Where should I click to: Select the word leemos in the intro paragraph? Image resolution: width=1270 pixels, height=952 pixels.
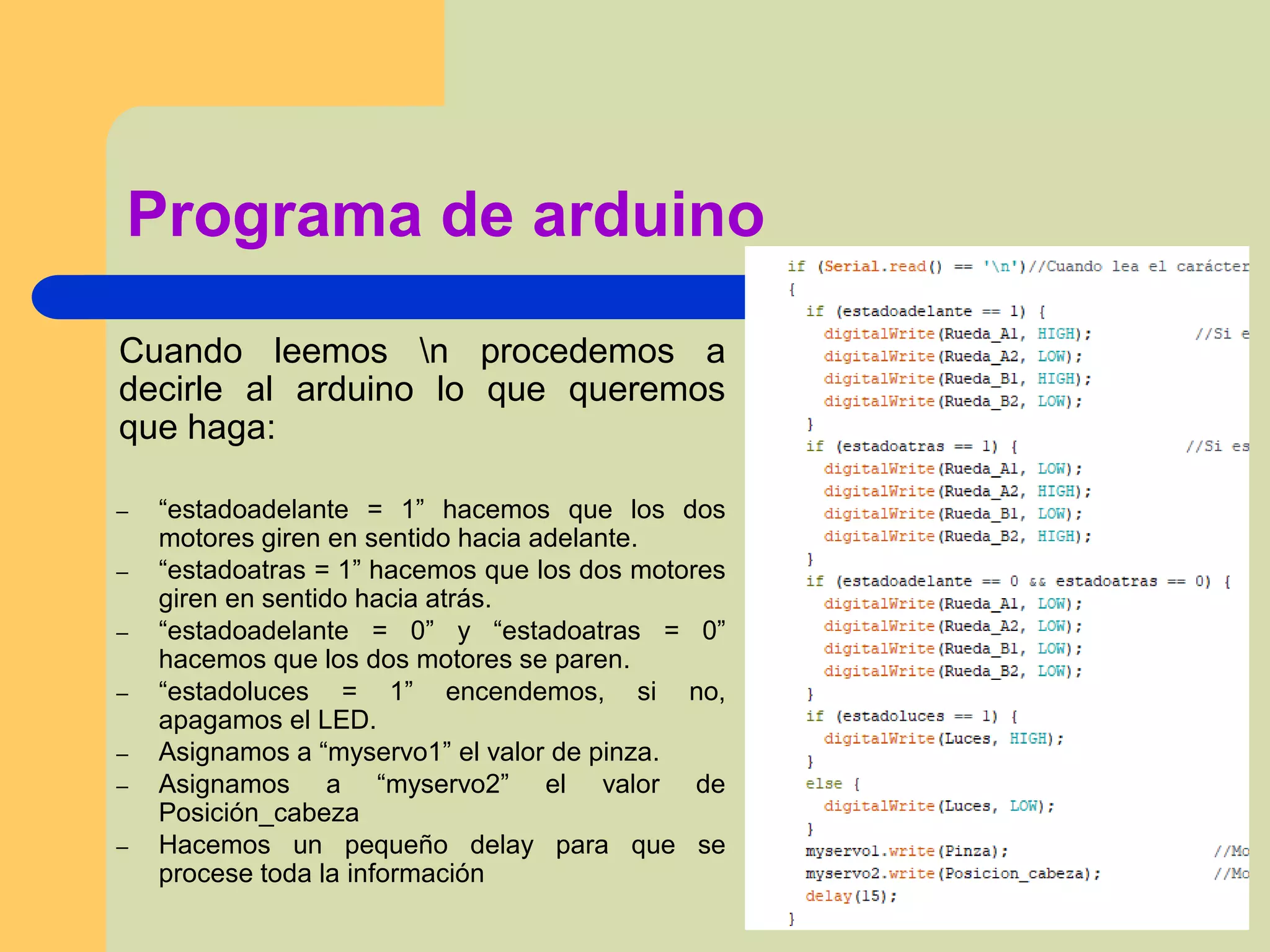[331, 351]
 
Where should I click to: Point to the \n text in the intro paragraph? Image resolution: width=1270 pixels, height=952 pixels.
[433, 351]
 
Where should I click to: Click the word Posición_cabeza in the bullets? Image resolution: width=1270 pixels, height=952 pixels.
[259, 813]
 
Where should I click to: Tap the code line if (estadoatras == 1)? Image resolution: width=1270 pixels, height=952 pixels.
[911, 446]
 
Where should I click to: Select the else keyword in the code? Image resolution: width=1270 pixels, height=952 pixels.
[823, 784]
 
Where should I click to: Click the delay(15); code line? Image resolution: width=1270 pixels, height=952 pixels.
[851, 896]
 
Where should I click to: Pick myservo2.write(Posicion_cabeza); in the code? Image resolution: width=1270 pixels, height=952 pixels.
[952, 874]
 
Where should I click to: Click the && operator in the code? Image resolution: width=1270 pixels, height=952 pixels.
[1037, 582]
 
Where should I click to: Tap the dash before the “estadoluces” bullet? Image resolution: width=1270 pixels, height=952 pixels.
[123, 694]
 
